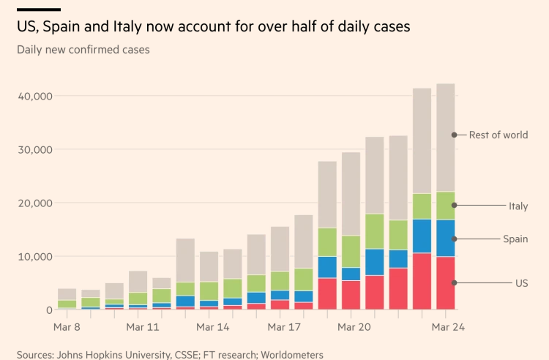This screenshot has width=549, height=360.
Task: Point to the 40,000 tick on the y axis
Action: [x=31, y=96]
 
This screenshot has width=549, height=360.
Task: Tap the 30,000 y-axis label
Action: [x=31, y=149]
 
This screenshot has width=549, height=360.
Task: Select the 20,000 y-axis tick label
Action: [x=31, y=203]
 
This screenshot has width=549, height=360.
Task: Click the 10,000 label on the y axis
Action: [x=31, y=257]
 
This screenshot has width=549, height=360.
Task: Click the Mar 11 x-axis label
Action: [x=143, y=327]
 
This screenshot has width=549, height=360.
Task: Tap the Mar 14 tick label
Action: [x=213, y=327]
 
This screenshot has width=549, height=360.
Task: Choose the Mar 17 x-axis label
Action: [x=283, y=327]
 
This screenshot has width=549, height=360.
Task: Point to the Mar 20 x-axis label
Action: [x=354, y=327]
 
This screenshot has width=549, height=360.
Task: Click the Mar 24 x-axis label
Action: [x=448, y=327]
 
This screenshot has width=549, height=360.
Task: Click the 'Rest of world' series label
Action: [x=498, y=135]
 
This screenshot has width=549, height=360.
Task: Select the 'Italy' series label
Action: [x=518, y=206]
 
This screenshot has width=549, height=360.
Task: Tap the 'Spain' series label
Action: [x=515, y=239]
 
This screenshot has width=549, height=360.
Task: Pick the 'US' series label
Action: [x=520, y=283]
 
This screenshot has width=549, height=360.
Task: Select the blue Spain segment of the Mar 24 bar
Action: [x=445, y=239]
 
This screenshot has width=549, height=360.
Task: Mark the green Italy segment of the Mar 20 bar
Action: [x=375, y=231]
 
